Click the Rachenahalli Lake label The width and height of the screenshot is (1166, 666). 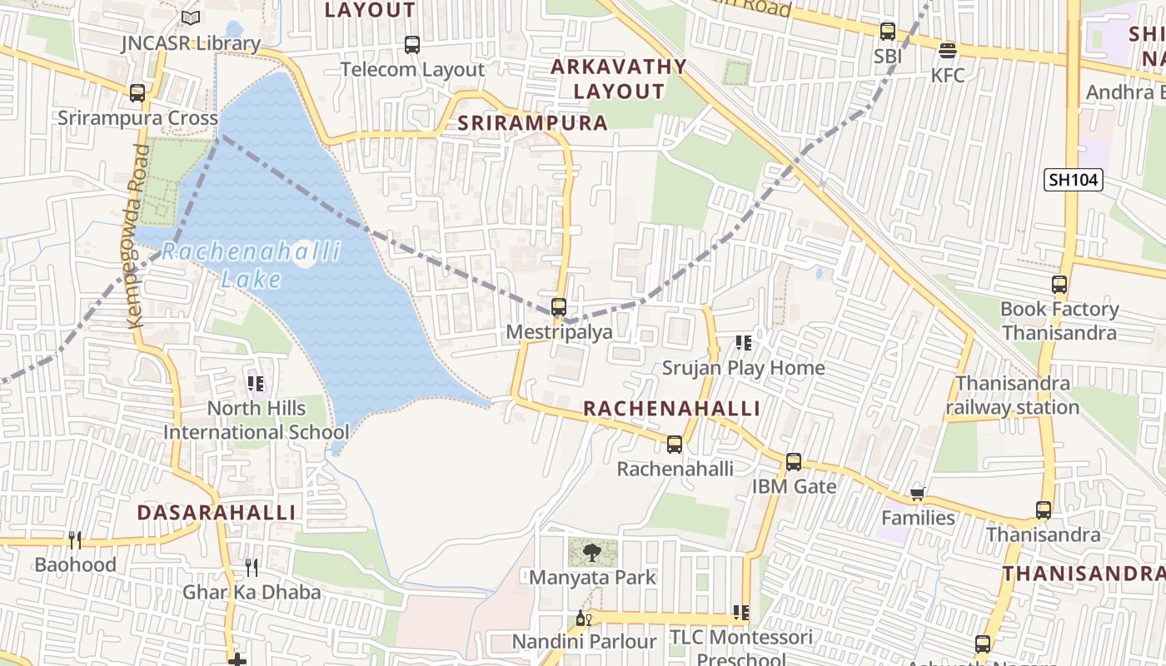point(251,264)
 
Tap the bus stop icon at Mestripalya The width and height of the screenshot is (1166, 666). point(559,307)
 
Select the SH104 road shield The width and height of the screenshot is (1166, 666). point(1074,179)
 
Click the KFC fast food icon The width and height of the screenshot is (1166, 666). point(947,51)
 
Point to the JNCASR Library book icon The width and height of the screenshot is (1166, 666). point(191,17)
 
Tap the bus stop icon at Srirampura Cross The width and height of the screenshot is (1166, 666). point(137,93)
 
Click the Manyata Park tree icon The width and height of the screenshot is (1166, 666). point(592,552)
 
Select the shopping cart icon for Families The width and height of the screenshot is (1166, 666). point(918,494)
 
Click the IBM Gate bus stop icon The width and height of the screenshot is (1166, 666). point(794,461)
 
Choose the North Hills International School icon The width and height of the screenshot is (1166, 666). point(256,384)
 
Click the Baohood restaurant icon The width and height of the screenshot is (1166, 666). point(75,540)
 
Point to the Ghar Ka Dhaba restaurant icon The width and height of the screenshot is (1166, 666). point(252,568)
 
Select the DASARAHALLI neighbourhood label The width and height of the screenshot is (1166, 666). point(217,512)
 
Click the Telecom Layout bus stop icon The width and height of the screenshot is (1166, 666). point(412,45)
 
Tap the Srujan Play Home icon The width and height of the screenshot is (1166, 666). point(744,343)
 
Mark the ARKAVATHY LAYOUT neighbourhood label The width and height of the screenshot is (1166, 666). point(619,78)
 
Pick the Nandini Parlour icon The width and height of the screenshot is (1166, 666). point(584,618)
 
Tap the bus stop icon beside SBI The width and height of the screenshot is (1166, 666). point(888,32)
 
